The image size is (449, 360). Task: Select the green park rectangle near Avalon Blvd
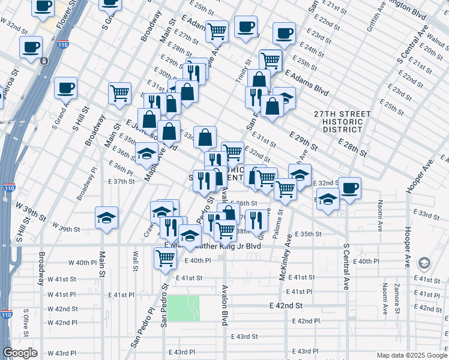(x=183, y=308)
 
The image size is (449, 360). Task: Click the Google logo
(x=20, y=353)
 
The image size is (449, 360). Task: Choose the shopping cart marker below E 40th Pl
(x=165, y=259)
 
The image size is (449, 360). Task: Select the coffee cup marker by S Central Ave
(x=350, y=188)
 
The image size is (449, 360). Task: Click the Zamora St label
(x=397, y=299)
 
